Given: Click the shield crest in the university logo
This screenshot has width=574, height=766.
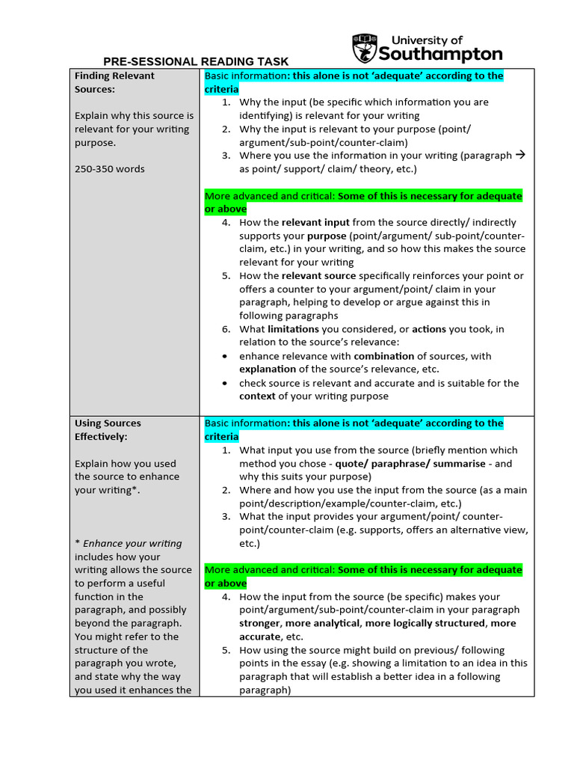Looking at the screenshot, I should tap(364, 48).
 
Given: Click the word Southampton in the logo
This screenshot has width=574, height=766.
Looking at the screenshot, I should tap(440, 54).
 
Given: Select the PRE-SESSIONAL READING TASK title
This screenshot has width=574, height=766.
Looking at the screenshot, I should tap(196, 62).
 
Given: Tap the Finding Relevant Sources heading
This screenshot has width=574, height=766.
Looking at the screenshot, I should tap(114, 82).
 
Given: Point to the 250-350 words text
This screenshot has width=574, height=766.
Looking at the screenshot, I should tap(110, 169).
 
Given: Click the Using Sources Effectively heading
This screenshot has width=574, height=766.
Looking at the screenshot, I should tap(108, 429).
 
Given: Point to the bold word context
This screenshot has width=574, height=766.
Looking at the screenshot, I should tap(257, 396).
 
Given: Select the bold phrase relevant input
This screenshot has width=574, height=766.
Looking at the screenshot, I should tap(315, 222).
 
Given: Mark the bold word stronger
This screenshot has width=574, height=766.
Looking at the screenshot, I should tap(259, 624).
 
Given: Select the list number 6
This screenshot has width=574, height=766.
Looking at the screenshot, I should tap(226, 329).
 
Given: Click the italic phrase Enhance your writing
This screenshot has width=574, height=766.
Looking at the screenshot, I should tap(132, 544).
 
